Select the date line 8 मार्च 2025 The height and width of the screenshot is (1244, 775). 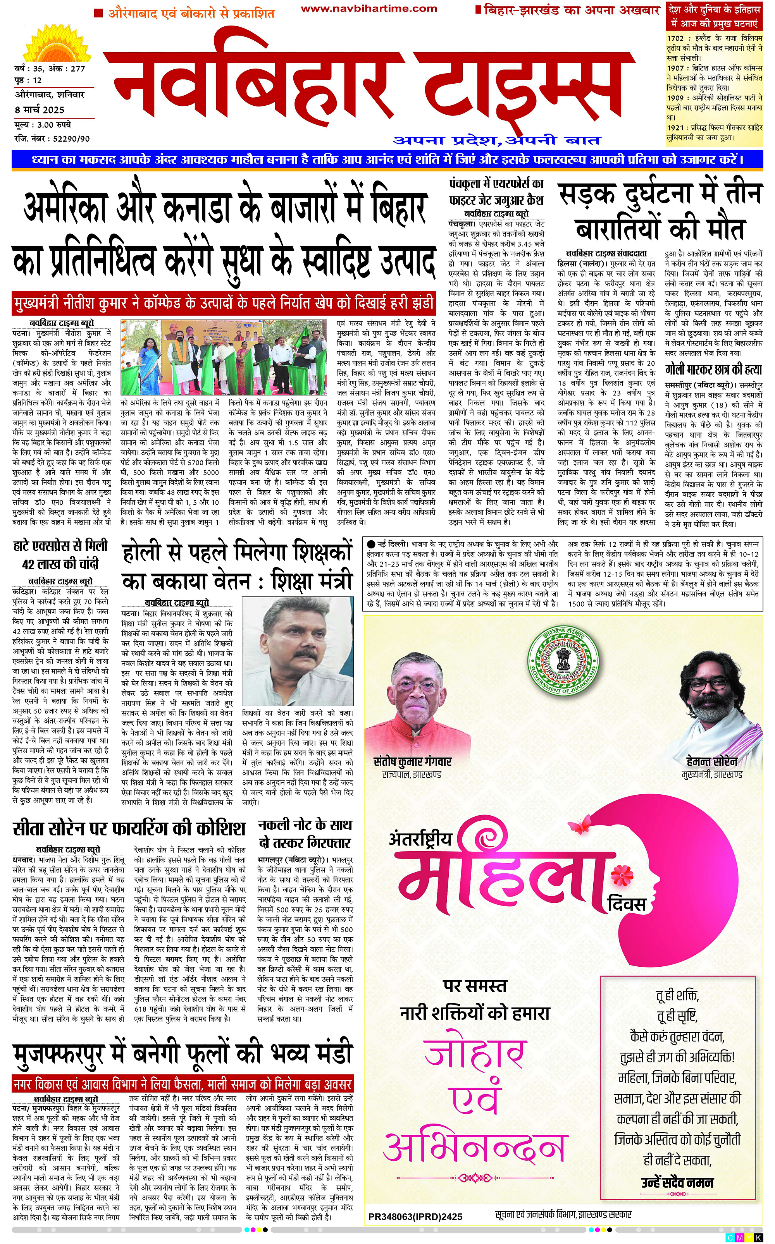(x=40, y=110)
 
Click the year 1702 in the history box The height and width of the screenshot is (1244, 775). (x=675, y=38)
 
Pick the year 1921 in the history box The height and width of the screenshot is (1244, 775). (x=675, y=127)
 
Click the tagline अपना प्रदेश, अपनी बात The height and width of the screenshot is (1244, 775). (x=497, y=140)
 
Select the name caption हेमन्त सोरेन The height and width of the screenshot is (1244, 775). (x=712, y=761)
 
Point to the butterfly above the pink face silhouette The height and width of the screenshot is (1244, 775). (x=580, y=826)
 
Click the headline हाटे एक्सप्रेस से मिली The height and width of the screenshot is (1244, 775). (x=60, y=545)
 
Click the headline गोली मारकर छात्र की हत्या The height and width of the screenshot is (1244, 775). (x=713, y=369)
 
